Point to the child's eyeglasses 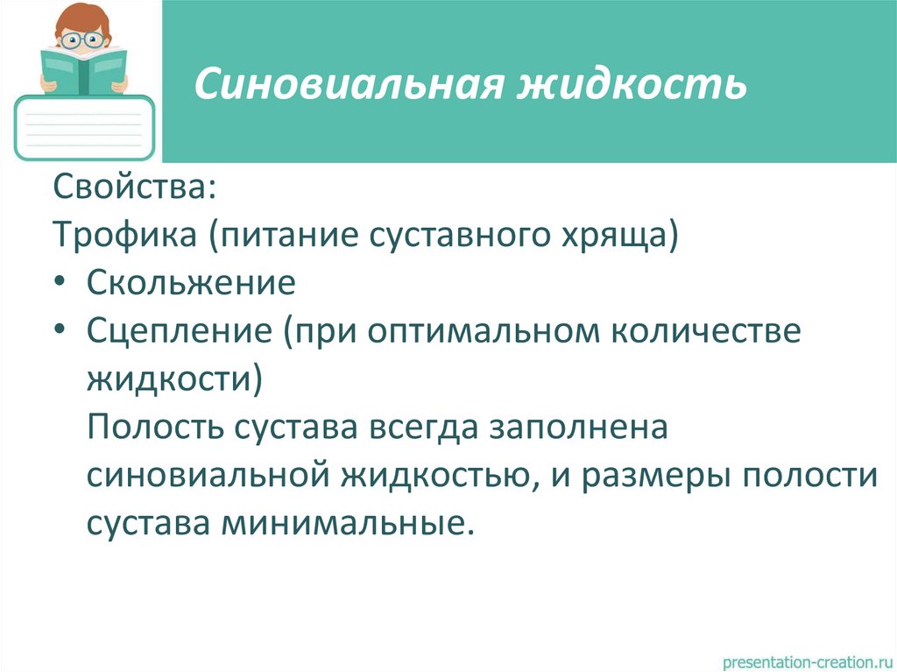(85, 39)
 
